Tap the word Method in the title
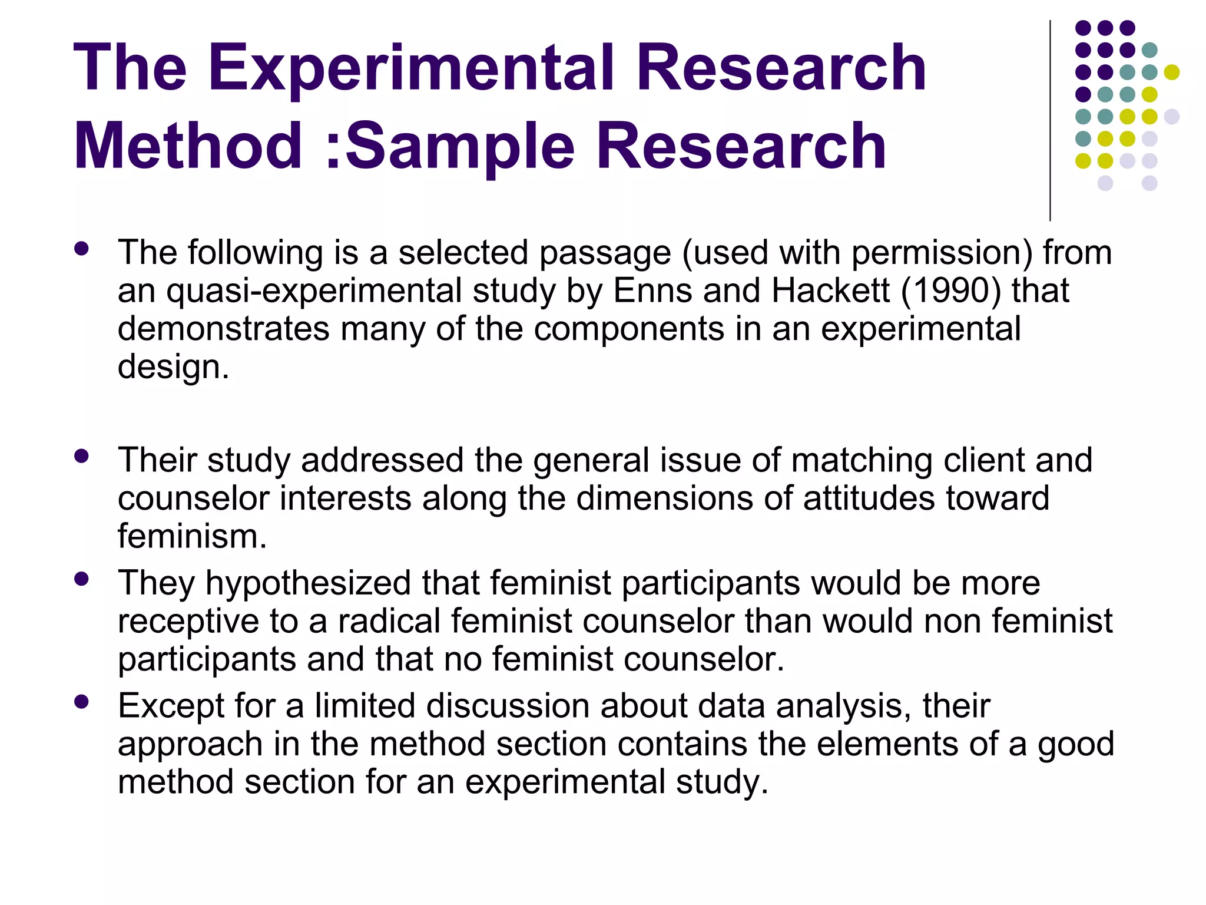pos(188,146)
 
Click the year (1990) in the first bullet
pos(950,291)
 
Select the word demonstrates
pos(223,329)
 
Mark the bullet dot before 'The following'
pos(82,249)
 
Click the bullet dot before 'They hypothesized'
pos(82,579)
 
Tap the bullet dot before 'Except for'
pos(82,702)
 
